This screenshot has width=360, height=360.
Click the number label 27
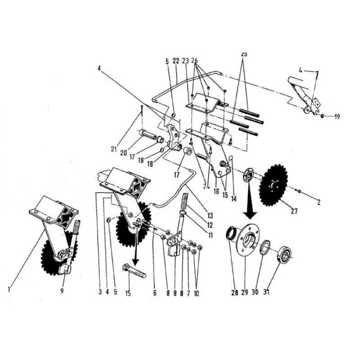click(294, 210)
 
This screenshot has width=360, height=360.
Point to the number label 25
click(244, 53)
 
